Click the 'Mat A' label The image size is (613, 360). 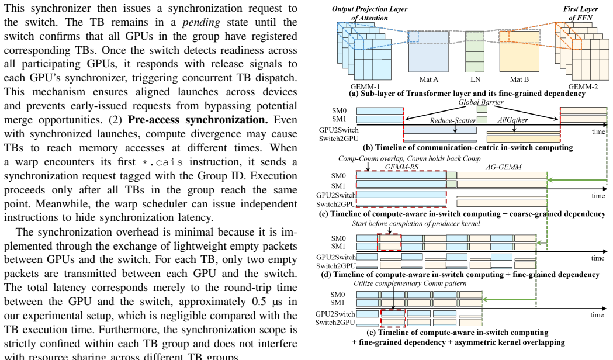point(428,79)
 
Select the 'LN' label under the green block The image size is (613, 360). point(476,79)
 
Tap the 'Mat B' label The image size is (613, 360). point(519,79)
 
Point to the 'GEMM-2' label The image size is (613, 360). point(583,86)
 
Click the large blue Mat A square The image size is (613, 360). point(429,51)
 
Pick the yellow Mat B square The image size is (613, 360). point(520,51)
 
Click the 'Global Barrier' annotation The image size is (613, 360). point(481,102)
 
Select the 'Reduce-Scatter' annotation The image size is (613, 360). point(453,120)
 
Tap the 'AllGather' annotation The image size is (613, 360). point(512,120)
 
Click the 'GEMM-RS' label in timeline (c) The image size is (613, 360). point(401,167)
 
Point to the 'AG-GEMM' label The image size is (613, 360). point(504,167)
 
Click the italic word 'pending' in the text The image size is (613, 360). point(201,22)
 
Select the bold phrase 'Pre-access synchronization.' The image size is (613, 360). point(198,120)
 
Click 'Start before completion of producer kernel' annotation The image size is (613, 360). point(416,224)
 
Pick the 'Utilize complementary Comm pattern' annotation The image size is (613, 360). point(410,283)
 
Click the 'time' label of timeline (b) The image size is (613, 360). point(598,131)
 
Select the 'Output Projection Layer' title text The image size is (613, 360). point(369,9)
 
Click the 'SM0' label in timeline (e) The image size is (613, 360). point(338,295)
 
